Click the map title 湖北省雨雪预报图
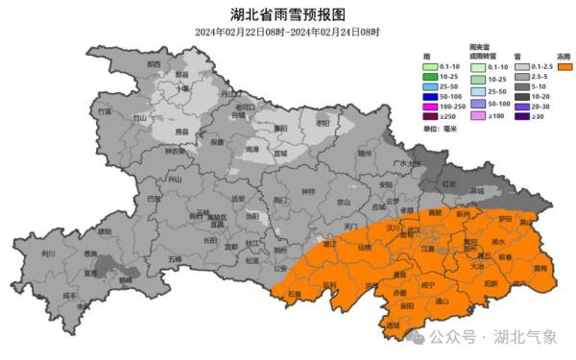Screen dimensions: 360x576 coord(287,13)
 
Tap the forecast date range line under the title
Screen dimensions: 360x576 coord(287,32)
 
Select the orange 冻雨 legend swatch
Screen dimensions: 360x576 coord(560,68)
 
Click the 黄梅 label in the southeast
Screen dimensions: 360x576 coord(540,269)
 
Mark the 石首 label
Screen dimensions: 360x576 coord(295,293)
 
